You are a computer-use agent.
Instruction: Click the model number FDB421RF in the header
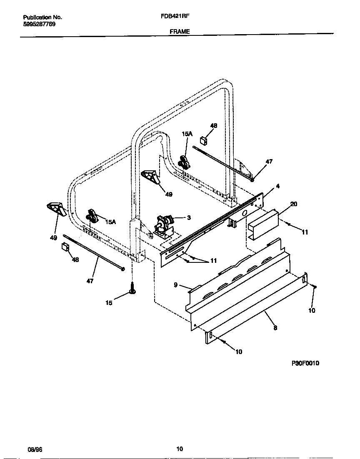(x=172, y=17)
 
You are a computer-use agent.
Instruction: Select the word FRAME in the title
(x=180, y=31)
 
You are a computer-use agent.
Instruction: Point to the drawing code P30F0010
(x=305, y=363)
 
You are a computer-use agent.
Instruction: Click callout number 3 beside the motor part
(x=189, y=218)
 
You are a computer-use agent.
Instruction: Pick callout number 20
(x=293, y=204)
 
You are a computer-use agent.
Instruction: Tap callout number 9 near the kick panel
(x=175, y=285)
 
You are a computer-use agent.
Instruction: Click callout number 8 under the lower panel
(x=275, y=328)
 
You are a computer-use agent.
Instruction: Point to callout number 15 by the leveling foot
(x=109, y=303)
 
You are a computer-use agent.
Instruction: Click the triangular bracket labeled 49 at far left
(x=55, y=209)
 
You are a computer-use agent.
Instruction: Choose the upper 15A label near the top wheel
(x=187, y=134)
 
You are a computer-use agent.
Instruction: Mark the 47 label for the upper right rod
(x=269, y=162)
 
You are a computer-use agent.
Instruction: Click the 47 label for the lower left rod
(x=90, y=281)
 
